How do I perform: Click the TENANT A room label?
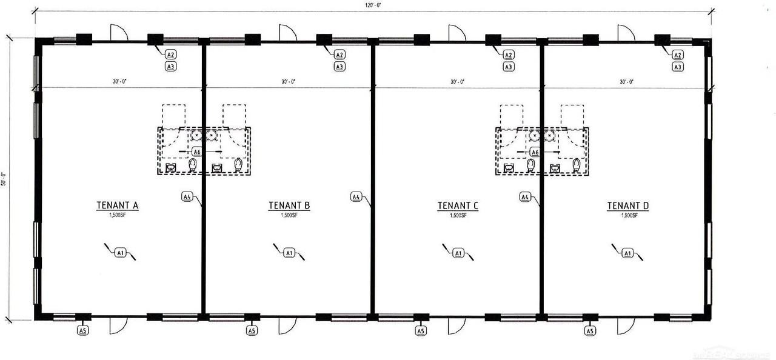pos(118,206)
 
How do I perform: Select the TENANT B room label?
pos(289,206)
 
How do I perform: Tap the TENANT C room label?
pos(458,206)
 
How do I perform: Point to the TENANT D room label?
pos(628,206)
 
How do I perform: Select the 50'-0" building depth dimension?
pos(4,179)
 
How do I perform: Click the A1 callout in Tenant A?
pos(120,252)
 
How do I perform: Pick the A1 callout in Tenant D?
pos(628,252)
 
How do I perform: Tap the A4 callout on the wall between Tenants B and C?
pos(356,196)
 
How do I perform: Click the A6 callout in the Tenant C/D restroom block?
pos(534,152)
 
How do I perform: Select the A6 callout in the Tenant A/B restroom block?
pos(196,152)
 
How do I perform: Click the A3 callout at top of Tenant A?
pos(171,67)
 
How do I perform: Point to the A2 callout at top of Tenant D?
pos(678,55)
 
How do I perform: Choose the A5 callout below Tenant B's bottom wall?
pos(252,330)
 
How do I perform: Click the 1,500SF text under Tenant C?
pos(458,215)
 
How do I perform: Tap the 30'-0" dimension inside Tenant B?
pos(288,81)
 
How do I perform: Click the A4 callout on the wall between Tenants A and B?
pos(187,196)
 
